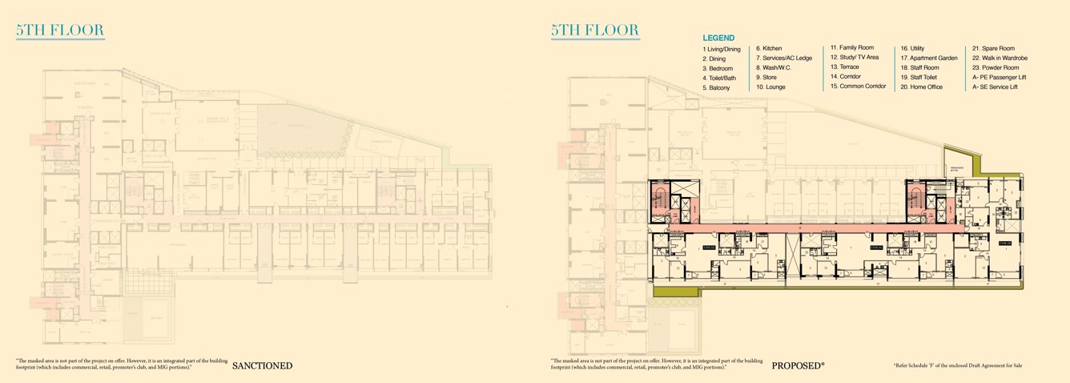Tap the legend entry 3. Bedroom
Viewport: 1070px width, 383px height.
click(718, 69)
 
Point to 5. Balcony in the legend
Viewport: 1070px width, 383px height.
click(716, 87)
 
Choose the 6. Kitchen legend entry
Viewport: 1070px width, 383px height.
click(769, 48)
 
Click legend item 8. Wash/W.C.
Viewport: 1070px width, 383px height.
click(774, 67)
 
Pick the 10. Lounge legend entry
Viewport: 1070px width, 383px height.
click(770, 87)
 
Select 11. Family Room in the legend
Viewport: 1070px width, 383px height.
click(851, 48)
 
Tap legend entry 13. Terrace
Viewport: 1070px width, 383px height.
click(846, 67)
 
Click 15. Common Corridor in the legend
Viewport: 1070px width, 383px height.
click(858, 86)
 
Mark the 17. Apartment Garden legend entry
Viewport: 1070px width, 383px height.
click(929, 58)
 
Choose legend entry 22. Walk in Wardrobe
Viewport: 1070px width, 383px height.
click(1000, 58)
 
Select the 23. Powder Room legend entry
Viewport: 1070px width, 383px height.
click(996, 68)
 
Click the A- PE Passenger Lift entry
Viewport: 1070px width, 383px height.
click(1000, 77)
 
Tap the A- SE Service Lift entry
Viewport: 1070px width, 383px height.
click(995, 87)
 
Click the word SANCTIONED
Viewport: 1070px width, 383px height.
click(262, 366)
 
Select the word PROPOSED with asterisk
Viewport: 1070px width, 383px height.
click(798, 366)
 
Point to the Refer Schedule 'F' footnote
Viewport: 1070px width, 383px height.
click(958, 366)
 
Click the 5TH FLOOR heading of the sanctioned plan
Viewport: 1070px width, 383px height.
click(60, 31)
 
